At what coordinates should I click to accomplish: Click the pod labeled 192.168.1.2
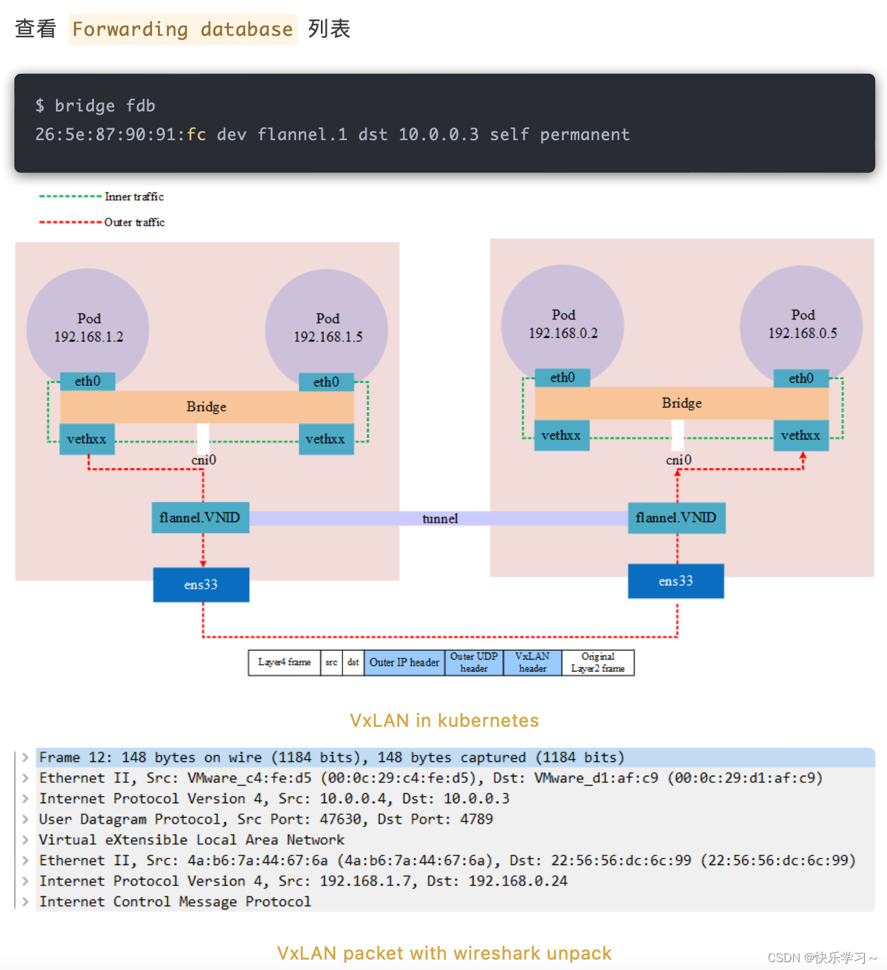(x=88, y=328)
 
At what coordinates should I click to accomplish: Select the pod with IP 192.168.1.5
(x=327, y=328)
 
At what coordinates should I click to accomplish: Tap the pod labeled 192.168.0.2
(x=563, y=324)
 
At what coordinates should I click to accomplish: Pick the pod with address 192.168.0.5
(x=802, y=324)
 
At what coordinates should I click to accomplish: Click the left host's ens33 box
(x=201, y=585)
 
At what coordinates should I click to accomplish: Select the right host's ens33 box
(x=676, y=581)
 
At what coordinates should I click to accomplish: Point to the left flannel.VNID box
(x=200, y=518)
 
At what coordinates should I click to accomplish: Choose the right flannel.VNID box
(x=676, y=518)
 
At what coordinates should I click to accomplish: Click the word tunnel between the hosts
(x=440, y=519)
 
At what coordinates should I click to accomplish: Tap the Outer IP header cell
(x=404, y=662)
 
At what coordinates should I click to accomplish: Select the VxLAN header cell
(x=532, y=662)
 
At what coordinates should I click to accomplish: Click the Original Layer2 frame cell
(x=597, y=662)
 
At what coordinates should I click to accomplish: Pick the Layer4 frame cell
(x=284, y=662)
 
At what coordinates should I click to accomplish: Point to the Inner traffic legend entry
(x=134, y=197)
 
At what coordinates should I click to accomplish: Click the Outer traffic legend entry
(x=134, y=222)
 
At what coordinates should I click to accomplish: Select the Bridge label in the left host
(x=206, y=407)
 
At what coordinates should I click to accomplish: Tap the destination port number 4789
(x=476, y=819)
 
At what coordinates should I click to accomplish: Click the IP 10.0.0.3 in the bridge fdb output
(x=438, y=135)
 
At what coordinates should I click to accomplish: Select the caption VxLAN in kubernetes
(x=444, y=720)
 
